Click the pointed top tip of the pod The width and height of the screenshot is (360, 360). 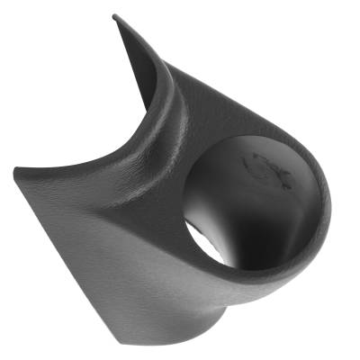tap(114, 16)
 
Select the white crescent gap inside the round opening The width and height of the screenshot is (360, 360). tap(212, 244)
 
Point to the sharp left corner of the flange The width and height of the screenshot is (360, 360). tap(17, 167)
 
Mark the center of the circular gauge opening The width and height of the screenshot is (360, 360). tap(256, 202)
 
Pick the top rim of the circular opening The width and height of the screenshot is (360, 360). tap(261, 137)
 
